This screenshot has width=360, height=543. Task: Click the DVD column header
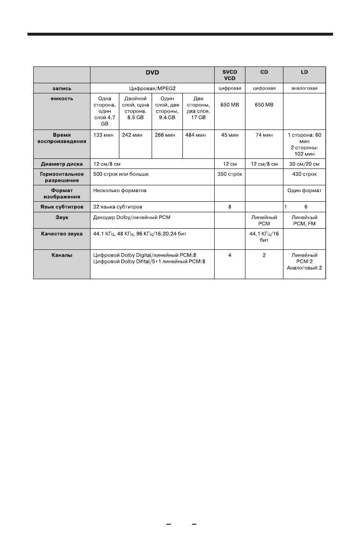point(152,73)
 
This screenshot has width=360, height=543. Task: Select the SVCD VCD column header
point(230,75)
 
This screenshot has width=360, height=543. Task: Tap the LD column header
point(304,73)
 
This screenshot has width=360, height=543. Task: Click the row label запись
point(62,89)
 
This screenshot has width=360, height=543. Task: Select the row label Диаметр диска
point(62,164)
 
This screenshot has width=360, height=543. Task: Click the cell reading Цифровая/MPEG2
point(152,89)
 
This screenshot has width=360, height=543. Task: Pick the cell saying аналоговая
point(304,89)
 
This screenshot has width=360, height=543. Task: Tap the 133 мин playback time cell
point(103,135)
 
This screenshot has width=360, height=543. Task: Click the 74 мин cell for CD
point(264,135)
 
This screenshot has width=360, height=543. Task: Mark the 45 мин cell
point(230,135)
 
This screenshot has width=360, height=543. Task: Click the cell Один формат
point(304,191)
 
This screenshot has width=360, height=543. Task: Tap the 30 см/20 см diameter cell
point(304,164)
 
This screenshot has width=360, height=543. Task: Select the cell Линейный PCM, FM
point(304,220)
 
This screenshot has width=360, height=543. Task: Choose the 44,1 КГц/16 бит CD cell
point(264,236)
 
